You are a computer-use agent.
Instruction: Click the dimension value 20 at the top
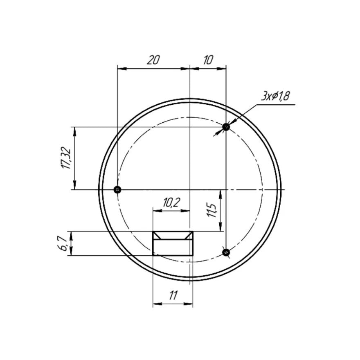tap(153, 60)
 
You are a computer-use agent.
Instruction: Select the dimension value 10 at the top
tap(208, 60)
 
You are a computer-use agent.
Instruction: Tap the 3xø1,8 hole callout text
tap(275, 96)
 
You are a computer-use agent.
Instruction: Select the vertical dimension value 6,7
tap(63, 244)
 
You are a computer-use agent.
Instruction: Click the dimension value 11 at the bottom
tap(173, 295)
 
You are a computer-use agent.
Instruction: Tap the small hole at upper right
tap(226, 127)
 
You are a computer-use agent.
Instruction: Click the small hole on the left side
tap(117, 189)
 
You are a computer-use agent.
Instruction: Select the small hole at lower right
tap(226, 252)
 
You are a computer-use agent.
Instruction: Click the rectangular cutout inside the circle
tap(173, 244)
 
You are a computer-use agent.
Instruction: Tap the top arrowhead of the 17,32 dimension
tap(74, 130)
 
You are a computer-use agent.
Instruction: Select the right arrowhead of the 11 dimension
tap(190, 304)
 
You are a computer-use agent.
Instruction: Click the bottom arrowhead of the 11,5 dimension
tap(221, 228)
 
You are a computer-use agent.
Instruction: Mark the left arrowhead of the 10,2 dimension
tap(156, 210)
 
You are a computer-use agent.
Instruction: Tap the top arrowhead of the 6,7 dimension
tap(72, 234)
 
